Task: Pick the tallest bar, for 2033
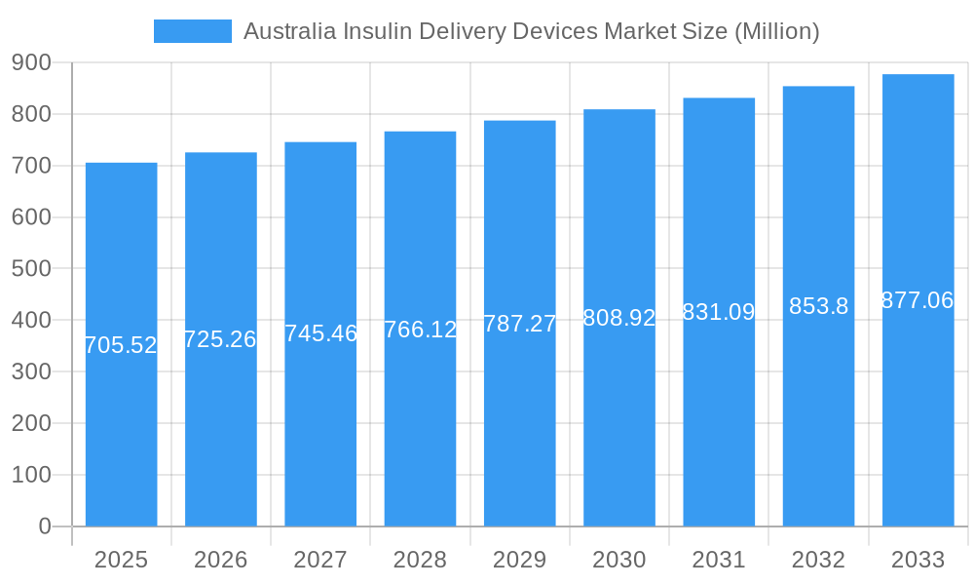tap(918, 409)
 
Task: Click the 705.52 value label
tap(121, 345)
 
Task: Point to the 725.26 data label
tap(220, 339)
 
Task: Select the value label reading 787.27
tap(519, 324)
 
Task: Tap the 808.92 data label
tap(619, 318)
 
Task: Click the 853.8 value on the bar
tap(818, 306)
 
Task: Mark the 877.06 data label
tap(918, 300)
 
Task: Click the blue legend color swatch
tap(192, 31)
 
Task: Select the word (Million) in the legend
tap(776, 31)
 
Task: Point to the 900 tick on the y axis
tap(31, 62)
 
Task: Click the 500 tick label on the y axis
tap(31, 269)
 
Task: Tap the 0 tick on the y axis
tap(44, 526)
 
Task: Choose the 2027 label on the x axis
tap(320, 560)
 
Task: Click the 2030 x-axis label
tap(619, 560)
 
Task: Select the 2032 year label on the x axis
tap(818, 560)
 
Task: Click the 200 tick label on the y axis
tap(31, 423)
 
